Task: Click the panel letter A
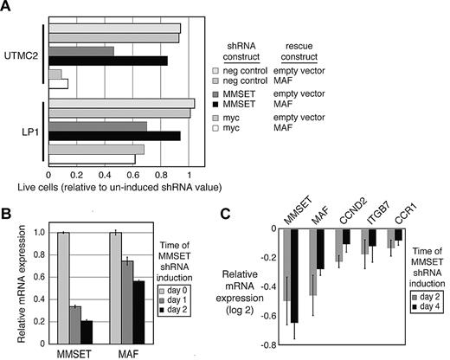click(9, 10)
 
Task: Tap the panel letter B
click(9, 210)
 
